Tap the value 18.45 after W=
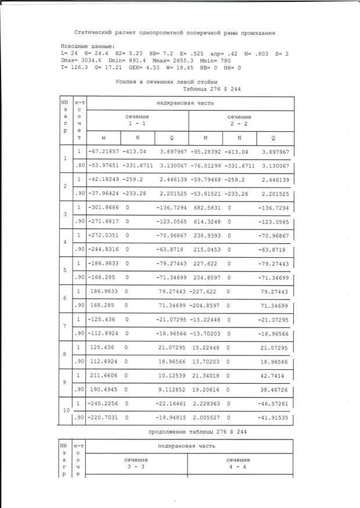190,67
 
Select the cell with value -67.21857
103,152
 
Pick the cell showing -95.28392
206,152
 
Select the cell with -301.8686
103,207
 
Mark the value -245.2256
103,403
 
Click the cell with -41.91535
273,417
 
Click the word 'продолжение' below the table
169,433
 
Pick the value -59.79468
206,179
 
